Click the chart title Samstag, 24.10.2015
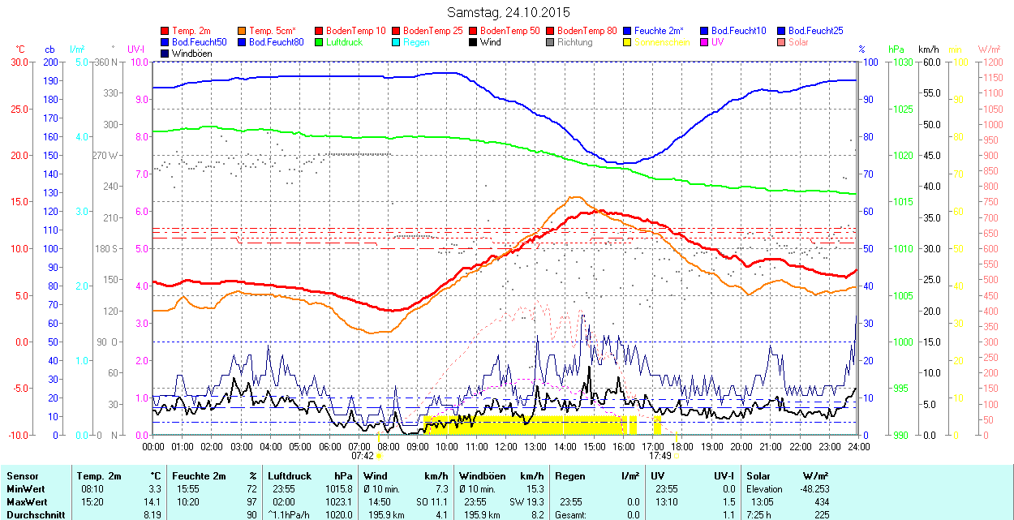pos(509,12)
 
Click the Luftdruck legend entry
pos(344,42)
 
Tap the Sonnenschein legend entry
pos(663,42)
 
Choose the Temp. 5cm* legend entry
pos(272,31)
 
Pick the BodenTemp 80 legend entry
pos(593,31)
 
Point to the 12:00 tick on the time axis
pos(506,446)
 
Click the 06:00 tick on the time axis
pos(329,446)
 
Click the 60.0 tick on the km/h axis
pos(930,62)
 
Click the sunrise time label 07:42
pos(362,456)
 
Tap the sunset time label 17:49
pos(660,456)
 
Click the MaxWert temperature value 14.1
pos(153,502)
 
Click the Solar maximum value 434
pos(820,502)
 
